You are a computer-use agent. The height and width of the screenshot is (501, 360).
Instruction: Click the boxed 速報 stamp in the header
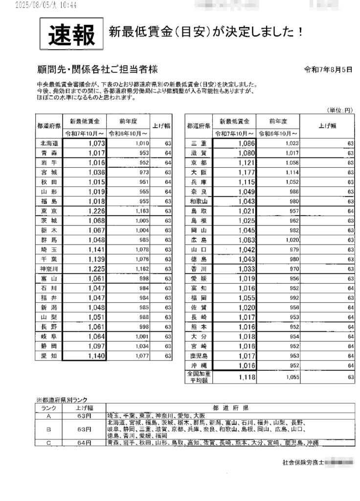tap(71, 34)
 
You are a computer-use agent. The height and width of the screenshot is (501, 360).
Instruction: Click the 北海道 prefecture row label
tap(49, 143)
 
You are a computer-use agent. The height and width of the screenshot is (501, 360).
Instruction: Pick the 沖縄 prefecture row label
tap(199, 365)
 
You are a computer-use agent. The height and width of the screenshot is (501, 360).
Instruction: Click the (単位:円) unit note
tap(340, 110)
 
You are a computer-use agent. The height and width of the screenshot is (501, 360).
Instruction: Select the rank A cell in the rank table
tap(48, 416)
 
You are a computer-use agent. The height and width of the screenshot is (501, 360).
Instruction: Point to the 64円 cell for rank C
tap(84, 443)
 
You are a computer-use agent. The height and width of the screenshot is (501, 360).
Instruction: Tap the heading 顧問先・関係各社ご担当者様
tap(97, 69)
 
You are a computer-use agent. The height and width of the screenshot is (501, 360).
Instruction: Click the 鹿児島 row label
tap(199, 356)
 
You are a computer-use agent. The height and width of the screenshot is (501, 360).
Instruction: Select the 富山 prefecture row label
tap(49, 278)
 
